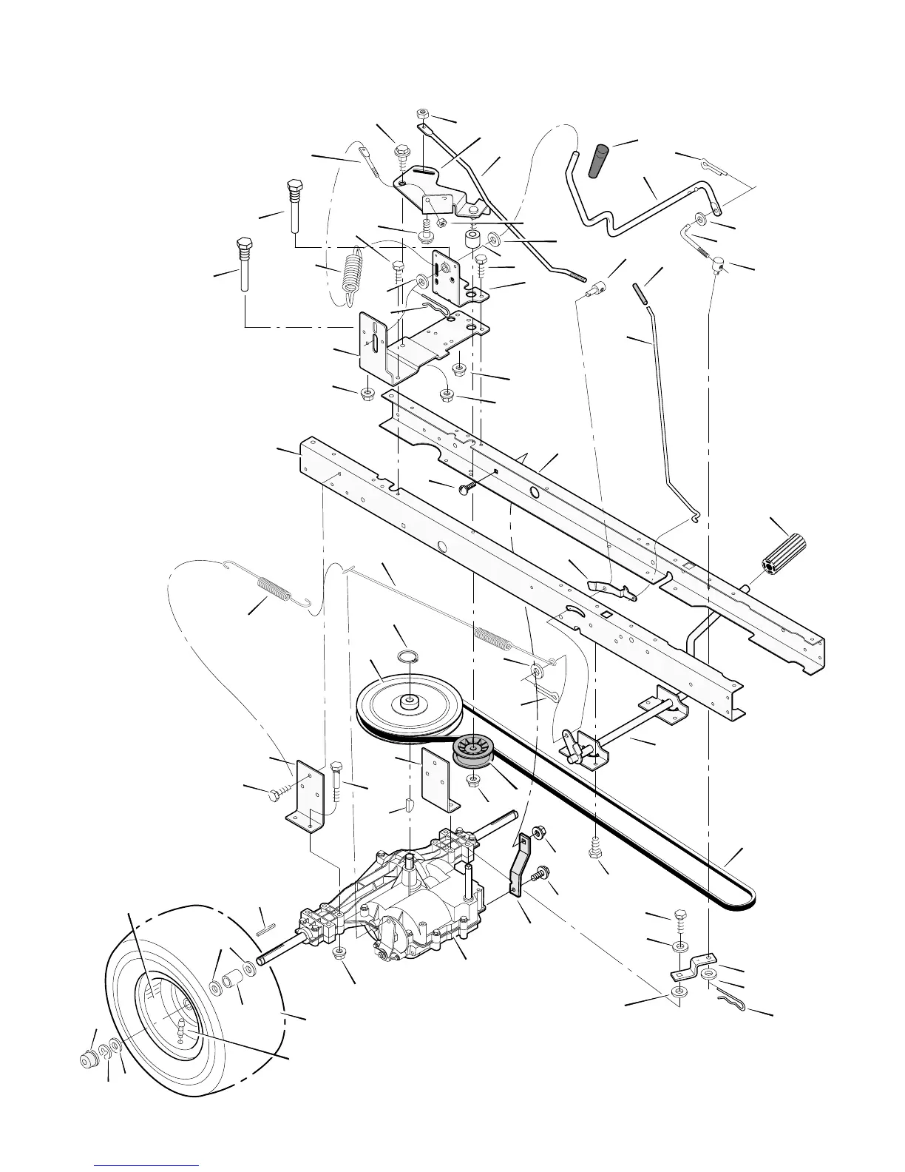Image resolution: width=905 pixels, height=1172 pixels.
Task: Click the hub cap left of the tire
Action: (x=90, y=1059)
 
